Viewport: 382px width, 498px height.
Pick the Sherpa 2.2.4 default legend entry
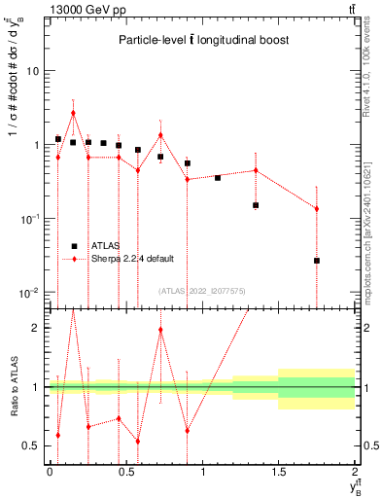pyautogui.click(x=133, y=259)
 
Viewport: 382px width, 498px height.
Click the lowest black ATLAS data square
pyautogui.click(x=317, y=261)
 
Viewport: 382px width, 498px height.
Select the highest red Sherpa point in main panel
pyautogui.click(x=73, y=113)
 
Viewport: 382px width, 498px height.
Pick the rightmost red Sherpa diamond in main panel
pyautogui.click(x=317, y=209)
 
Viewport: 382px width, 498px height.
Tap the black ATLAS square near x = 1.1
pyautogui.click(x=218, y=177)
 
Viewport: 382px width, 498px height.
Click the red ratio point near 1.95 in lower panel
pyautogui.click(x=160, y=331)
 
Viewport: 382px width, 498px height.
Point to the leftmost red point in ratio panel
pyautogui.click(x=58, y=435)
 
